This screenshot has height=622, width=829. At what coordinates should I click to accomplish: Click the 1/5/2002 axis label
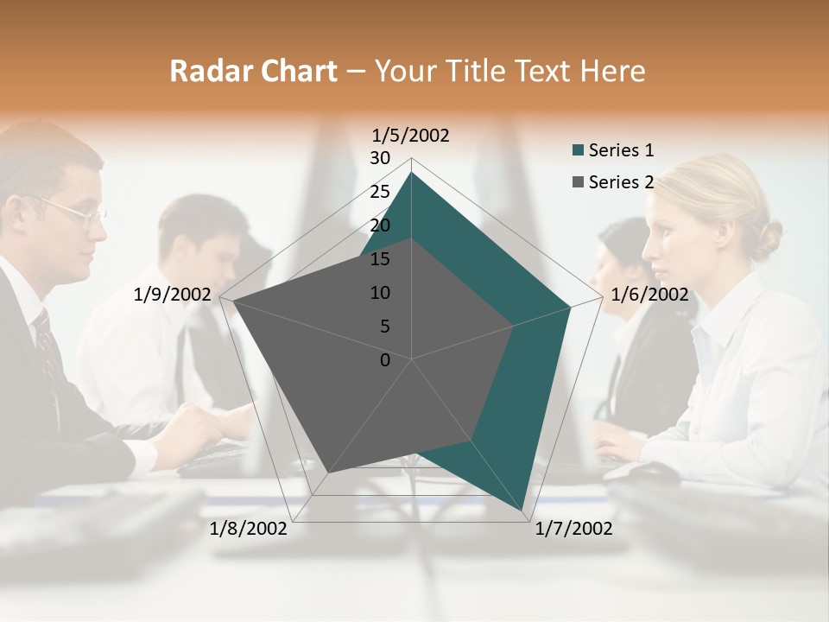(x=411, y=135)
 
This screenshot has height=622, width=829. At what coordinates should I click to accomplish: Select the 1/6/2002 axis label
(x=649, y=295)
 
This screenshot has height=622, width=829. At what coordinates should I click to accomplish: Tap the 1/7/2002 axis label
(x=573, y=528)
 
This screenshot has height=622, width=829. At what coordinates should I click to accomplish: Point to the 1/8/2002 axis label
(x=249, y=528)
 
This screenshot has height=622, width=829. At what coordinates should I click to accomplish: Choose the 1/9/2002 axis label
(x=173, y=295)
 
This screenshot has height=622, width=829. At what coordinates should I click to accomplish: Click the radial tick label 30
(x=380, y=158)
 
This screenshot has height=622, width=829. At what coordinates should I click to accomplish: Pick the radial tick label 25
(x=380, y=192)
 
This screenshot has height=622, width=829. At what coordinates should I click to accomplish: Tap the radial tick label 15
(x=380, y=259)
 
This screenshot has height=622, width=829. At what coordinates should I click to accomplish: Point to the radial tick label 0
(x=385, y=360)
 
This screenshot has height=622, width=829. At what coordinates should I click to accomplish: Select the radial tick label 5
(x=385, y=327)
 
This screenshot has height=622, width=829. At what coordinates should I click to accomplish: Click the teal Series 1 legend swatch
(x=579, y=151)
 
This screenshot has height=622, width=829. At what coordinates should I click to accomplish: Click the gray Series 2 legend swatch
(x=579, y=182)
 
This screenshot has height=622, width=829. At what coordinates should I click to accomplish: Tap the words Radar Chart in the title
(x=253, y=71)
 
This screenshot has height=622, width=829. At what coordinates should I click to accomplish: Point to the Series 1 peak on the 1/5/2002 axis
(x=412, y=173)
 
